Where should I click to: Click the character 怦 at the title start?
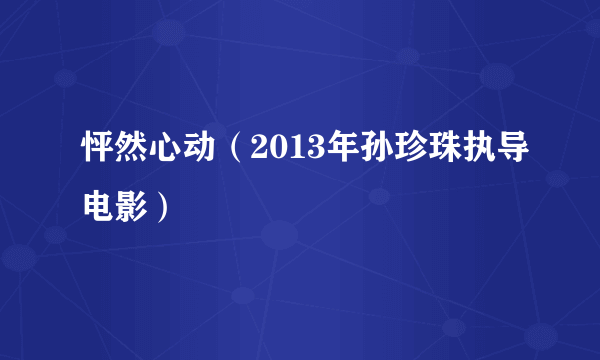click(x=98, y=150)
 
